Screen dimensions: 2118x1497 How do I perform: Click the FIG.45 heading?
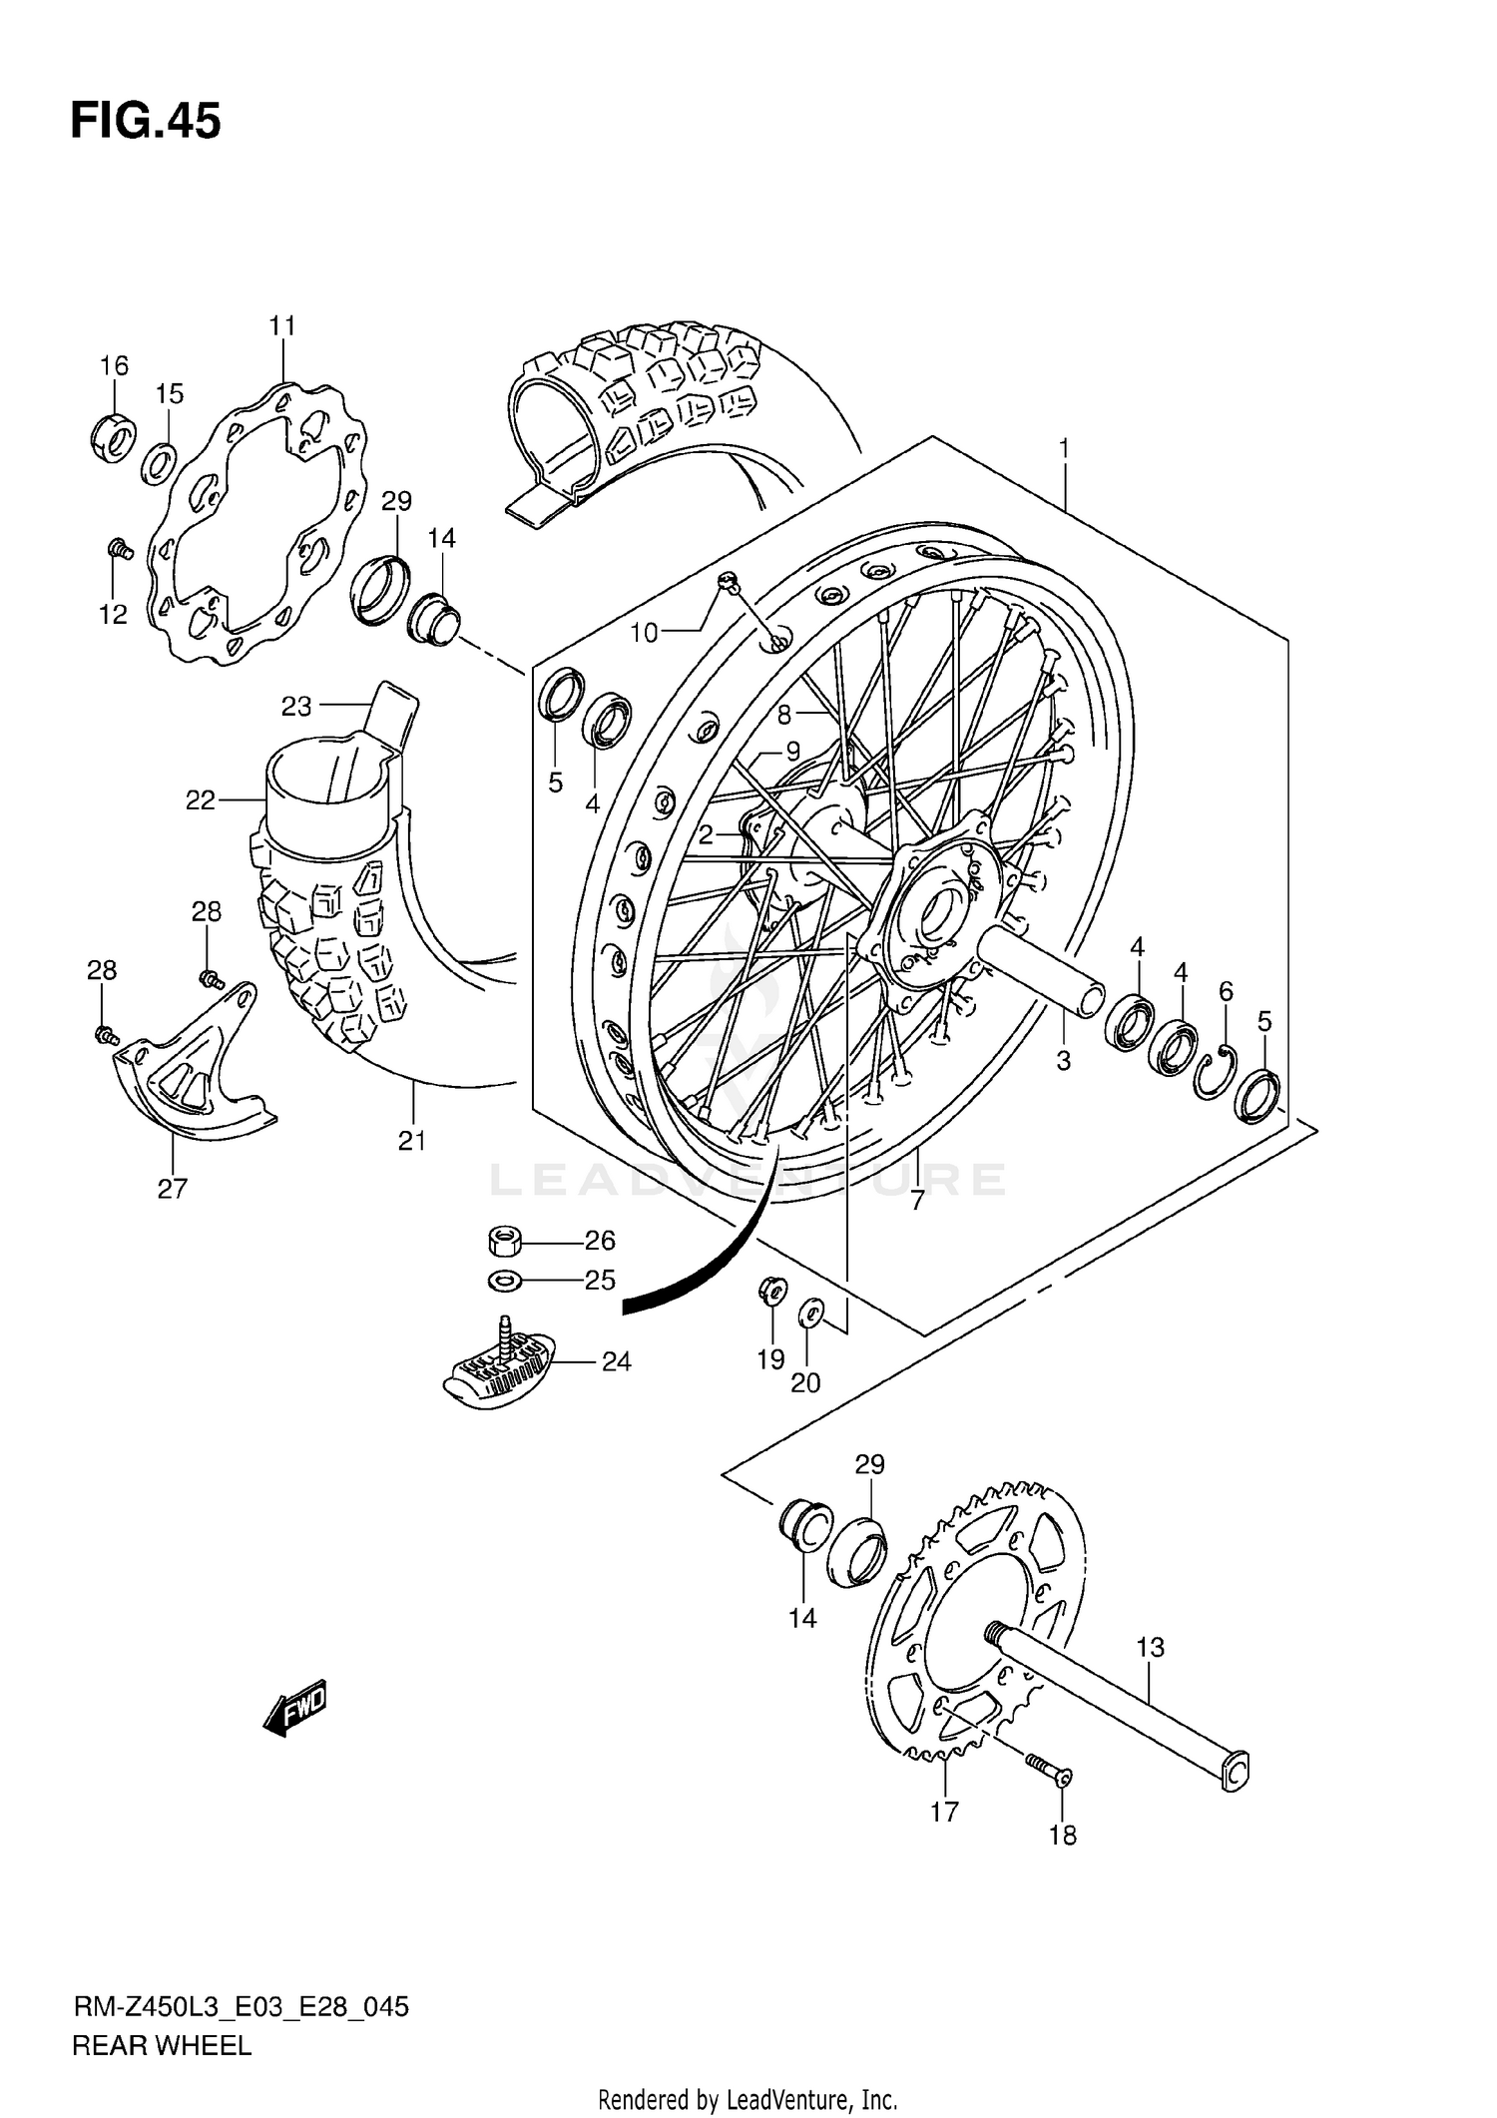coord(146,122)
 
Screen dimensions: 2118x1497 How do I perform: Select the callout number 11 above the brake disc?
coord(282,326)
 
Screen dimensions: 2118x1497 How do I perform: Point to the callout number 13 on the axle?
coord(1150,1647)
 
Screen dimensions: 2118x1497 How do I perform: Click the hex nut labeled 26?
coord(505,1243)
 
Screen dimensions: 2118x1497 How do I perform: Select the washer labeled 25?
coord(504,1279)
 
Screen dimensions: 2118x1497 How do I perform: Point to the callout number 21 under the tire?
coord(412,1141)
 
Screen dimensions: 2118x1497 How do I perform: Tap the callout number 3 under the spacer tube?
coord(1063,1061)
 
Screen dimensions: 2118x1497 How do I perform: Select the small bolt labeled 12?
coord(121,548)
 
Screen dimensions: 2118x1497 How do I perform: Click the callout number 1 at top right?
coord(1064,450)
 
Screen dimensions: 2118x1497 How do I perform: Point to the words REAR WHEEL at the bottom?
coord(161,2046)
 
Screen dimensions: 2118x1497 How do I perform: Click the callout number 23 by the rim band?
coord(296,707)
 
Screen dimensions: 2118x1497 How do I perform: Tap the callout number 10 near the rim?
coord(645,633)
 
